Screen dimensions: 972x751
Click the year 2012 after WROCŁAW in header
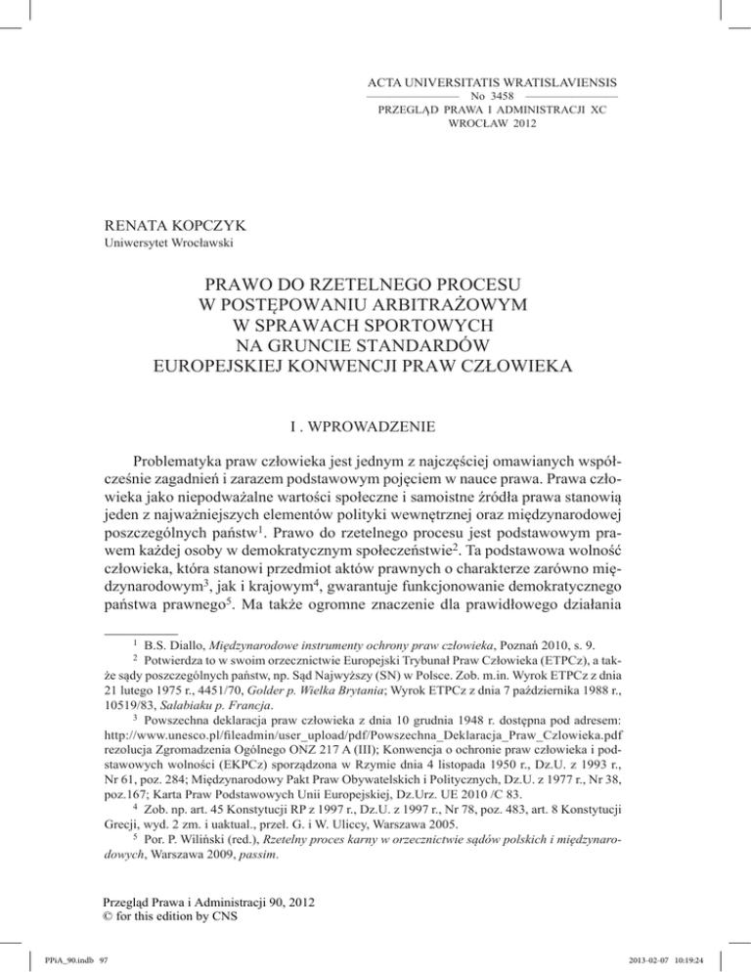pyautogui.click(x=519, y=125)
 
